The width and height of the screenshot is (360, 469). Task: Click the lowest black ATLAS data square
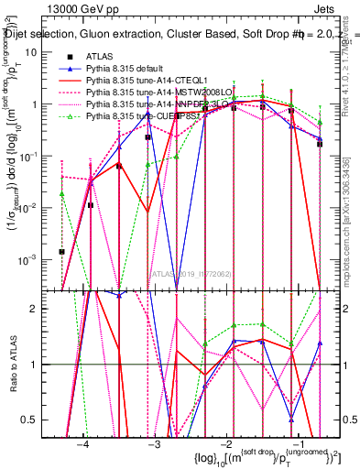(x=62, y=251)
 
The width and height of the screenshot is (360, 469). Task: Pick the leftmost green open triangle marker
(x=62, y=193)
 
